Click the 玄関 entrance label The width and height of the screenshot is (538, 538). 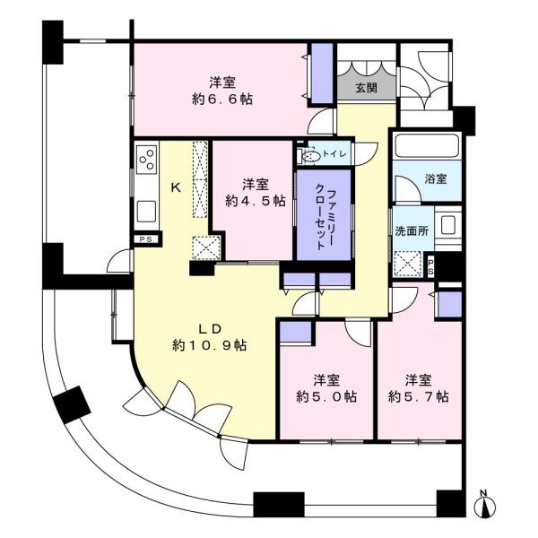[366, 88]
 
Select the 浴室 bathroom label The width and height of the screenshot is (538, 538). [436, 178]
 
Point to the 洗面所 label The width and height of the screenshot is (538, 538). [412, 231]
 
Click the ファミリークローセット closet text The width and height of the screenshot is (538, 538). [325, 215]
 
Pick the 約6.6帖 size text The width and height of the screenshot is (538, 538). [222, 100]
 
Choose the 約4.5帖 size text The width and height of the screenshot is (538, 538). [256, 201]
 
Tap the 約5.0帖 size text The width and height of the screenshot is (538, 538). [326, 397]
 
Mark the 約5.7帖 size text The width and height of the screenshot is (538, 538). [418, 397]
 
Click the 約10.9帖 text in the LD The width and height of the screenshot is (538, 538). [210, 345]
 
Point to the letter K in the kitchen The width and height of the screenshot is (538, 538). [176, 187]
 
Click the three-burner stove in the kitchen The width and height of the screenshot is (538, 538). [147, 160]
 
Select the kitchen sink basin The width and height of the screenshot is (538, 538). [146, 212]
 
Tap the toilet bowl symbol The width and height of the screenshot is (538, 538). [310, 156]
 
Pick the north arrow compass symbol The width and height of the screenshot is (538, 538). [485, 505]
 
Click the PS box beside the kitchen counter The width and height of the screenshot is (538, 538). [146, 239]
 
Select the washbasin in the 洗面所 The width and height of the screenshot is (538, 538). [448, 225]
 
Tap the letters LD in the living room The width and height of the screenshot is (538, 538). [210, 329]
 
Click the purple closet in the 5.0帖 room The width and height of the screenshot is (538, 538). [295, 332]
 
